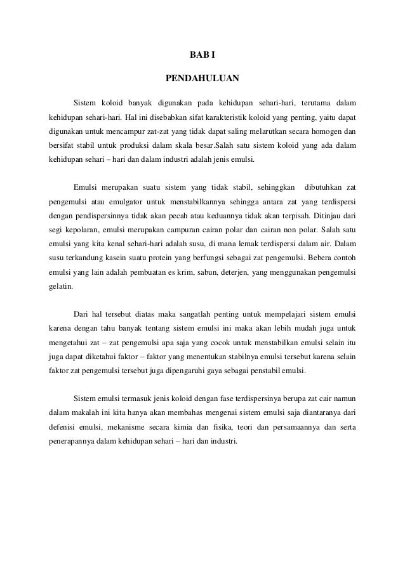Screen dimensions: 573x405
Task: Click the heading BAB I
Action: coord(202,55)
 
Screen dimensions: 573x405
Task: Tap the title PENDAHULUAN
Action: coord(202,79)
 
